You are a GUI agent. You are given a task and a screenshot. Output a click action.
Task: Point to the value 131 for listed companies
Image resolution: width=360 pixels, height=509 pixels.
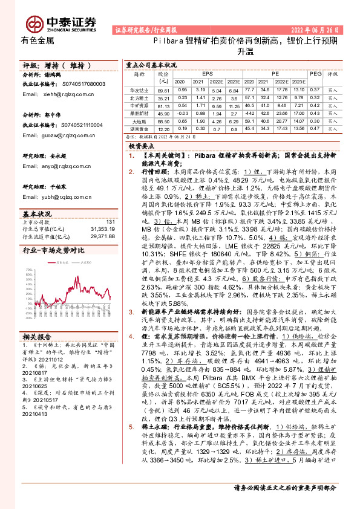click(x=110, y=222)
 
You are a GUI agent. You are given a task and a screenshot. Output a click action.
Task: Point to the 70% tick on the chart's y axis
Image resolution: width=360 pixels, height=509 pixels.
click(x=27, y=270)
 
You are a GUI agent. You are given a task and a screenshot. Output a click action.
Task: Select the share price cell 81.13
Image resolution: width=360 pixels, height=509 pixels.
click(x=163, y=105)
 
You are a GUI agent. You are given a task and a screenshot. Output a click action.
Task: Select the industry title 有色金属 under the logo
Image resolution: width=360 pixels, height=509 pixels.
click(x=38, y=41)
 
